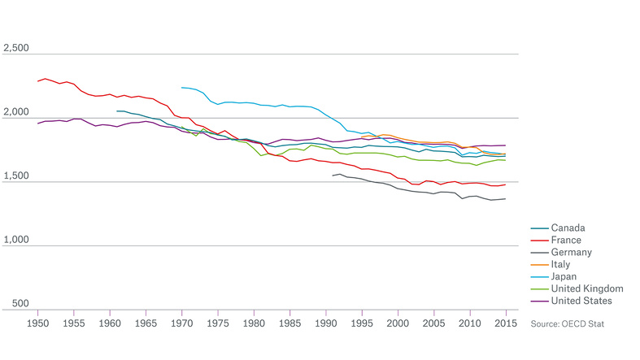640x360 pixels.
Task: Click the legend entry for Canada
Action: click(568, 228)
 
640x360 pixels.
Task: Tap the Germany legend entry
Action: click(572, 252)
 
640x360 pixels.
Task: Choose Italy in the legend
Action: click(562, 264)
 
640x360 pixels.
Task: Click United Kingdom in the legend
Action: click(586, 288)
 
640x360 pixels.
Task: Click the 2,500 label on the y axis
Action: click(15, 49)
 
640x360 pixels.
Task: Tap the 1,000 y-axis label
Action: click(15, 241)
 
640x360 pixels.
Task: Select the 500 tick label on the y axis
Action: click(20, 304)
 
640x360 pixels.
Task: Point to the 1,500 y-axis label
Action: click(15, 176)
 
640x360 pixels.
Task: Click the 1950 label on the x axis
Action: click(37, 323)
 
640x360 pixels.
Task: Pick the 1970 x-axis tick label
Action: click(181, 323)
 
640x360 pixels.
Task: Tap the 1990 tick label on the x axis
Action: click(325, 323)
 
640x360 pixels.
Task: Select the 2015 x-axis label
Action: click(506, 323)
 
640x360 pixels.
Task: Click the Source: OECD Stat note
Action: click(568, 323)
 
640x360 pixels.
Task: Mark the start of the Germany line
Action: click(333, 176)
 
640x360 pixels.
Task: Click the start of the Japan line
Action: click(181, 87)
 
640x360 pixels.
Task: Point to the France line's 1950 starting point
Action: click(37, 81)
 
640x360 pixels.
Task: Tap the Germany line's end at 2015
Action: click(506, 199)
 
